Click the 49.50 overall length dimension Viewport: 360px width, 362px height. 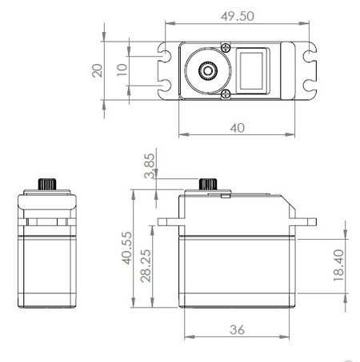[238, 16]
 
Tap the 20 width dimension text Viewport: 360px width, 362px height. [98, 70]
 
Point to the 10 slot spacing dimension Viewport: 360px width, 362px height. [122, 70]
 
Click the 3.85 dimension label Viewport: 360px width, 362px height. [149, 169]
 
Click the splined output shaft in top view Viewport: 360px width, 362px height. [208, 70]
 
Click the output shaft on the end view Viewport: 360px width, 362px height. [48, 183]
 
